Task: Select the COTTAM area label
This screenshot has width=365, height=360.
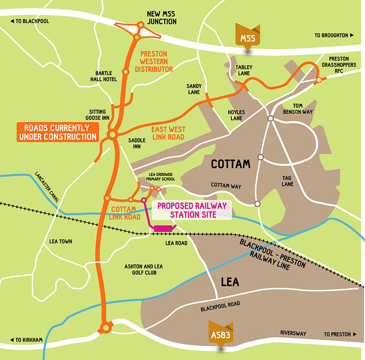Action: coord(231,163)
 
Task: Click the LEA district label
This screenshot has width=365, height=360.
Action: coord(229,282)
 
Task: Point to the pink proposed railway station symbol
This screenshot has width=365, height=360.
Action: coord(162,227)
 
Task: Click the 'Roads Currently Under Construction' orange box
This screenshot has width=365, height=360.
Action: coord(57,131)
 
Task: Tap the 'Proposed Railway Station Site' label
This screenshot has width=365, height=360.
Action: coord(192,210)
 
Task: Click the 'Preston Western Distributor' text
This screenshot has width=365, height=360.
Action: coord(154,61)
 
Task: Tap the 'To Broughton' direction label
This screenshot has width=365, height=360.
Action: coord(334,35)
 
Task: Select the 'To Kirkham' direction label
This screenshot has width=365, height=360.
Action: coord(28,340)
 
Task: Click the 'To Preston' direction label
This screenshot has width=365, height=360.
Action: coord(338,334)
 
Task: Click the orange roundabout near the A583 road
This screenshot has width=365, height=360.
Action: coord(106,327)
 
